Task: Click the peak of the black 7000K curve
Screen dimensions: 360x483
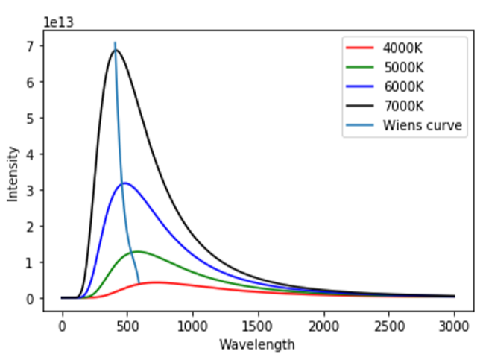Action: [x=116, y=50]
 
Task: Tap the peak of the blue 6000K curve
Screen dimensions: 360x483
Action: [x=125, y=183]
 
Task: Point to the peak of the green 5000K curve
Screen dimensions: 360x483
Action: [x=138, y=251]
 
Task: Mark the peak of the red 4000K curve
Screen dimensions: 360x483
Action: [x=157, y=282]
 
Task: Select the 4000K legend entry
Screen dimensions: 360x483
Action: [x=402, y=48]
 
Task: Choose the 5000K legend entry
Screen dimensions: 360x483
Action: [x=402, y=68]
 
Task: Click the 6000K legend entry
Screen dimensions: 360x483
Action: [x=402, y=87]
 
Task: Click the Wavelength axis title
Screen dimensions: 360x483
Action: [x=257, y=344]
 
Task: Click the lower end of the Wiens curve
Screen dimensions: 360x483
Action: [x=139, y=283]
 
